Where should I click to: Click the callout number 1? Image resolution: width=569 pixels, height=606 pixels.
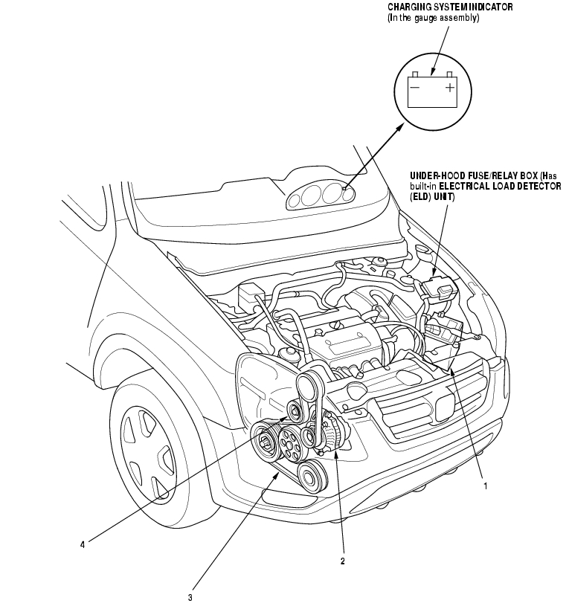click(485, 486)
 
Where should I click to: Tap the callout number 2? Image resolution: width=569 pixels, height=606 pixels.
click(342, 561)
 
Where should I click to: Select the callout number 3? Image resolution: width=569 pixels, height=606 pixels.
click(190, 596)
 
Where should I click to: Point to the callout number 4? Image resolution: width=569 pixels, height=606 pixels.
click(83, 545)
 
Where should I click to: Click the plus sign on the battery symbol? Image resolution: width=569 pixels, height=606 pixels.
click(450, 88)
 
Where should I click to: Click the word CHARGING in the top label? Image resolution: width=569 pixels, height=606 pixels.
click(409, 7)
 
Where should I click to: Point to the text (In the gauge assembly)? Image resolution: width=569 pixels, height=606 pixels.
click(434, 17)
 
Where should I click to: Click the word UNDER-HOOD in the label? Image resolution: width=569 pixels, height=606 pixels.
click(440, 177)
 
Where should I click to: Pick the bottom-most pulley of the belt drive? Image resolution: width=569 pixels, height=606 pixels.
click(309, 471)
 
